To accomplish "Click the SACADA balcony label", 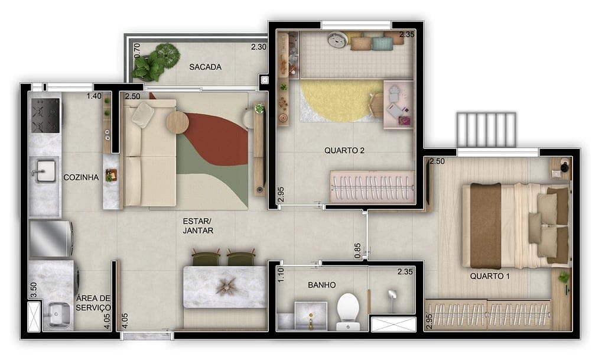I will pos(206,67).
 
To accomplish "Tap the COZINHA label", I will pos(81,177).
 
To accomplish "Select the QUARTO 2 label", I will pos(344,150).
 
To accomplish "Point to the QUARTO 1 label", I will pos(490,276).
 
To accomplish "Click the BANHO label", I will pos(321,285).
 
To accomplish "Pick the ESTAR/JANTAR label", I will pos(198,226).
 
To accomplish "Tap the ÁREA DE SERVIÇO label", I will pos(93,303).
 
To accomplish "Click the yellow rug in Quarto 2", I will pos(337,100).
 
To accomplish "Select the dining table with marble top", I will pos(225,287).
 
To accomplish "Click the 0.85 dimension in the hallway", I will pos(357,251).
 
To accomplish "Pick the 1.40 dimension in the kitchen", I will pos(94,96).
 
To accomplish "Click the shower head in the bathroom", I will pos(392,294).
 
